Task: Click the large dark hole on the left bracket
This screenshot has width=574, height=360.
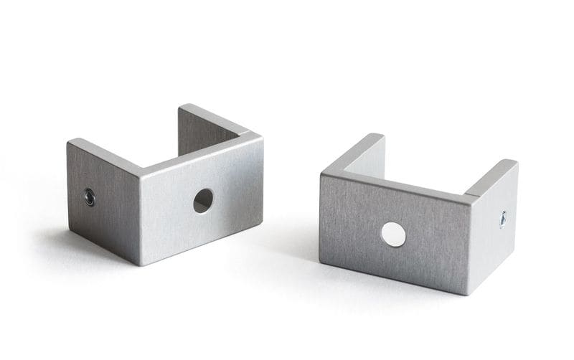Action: click(x=203, y=200)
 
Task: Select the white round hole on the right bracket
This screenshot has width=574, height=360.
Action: click(x=392, y=235)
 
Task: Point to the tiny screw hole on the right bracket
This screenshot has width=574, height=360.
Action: click(x=502, y=219)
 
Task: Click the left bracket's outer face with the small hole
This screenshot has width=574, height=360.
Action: click(x=104, y=201)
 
